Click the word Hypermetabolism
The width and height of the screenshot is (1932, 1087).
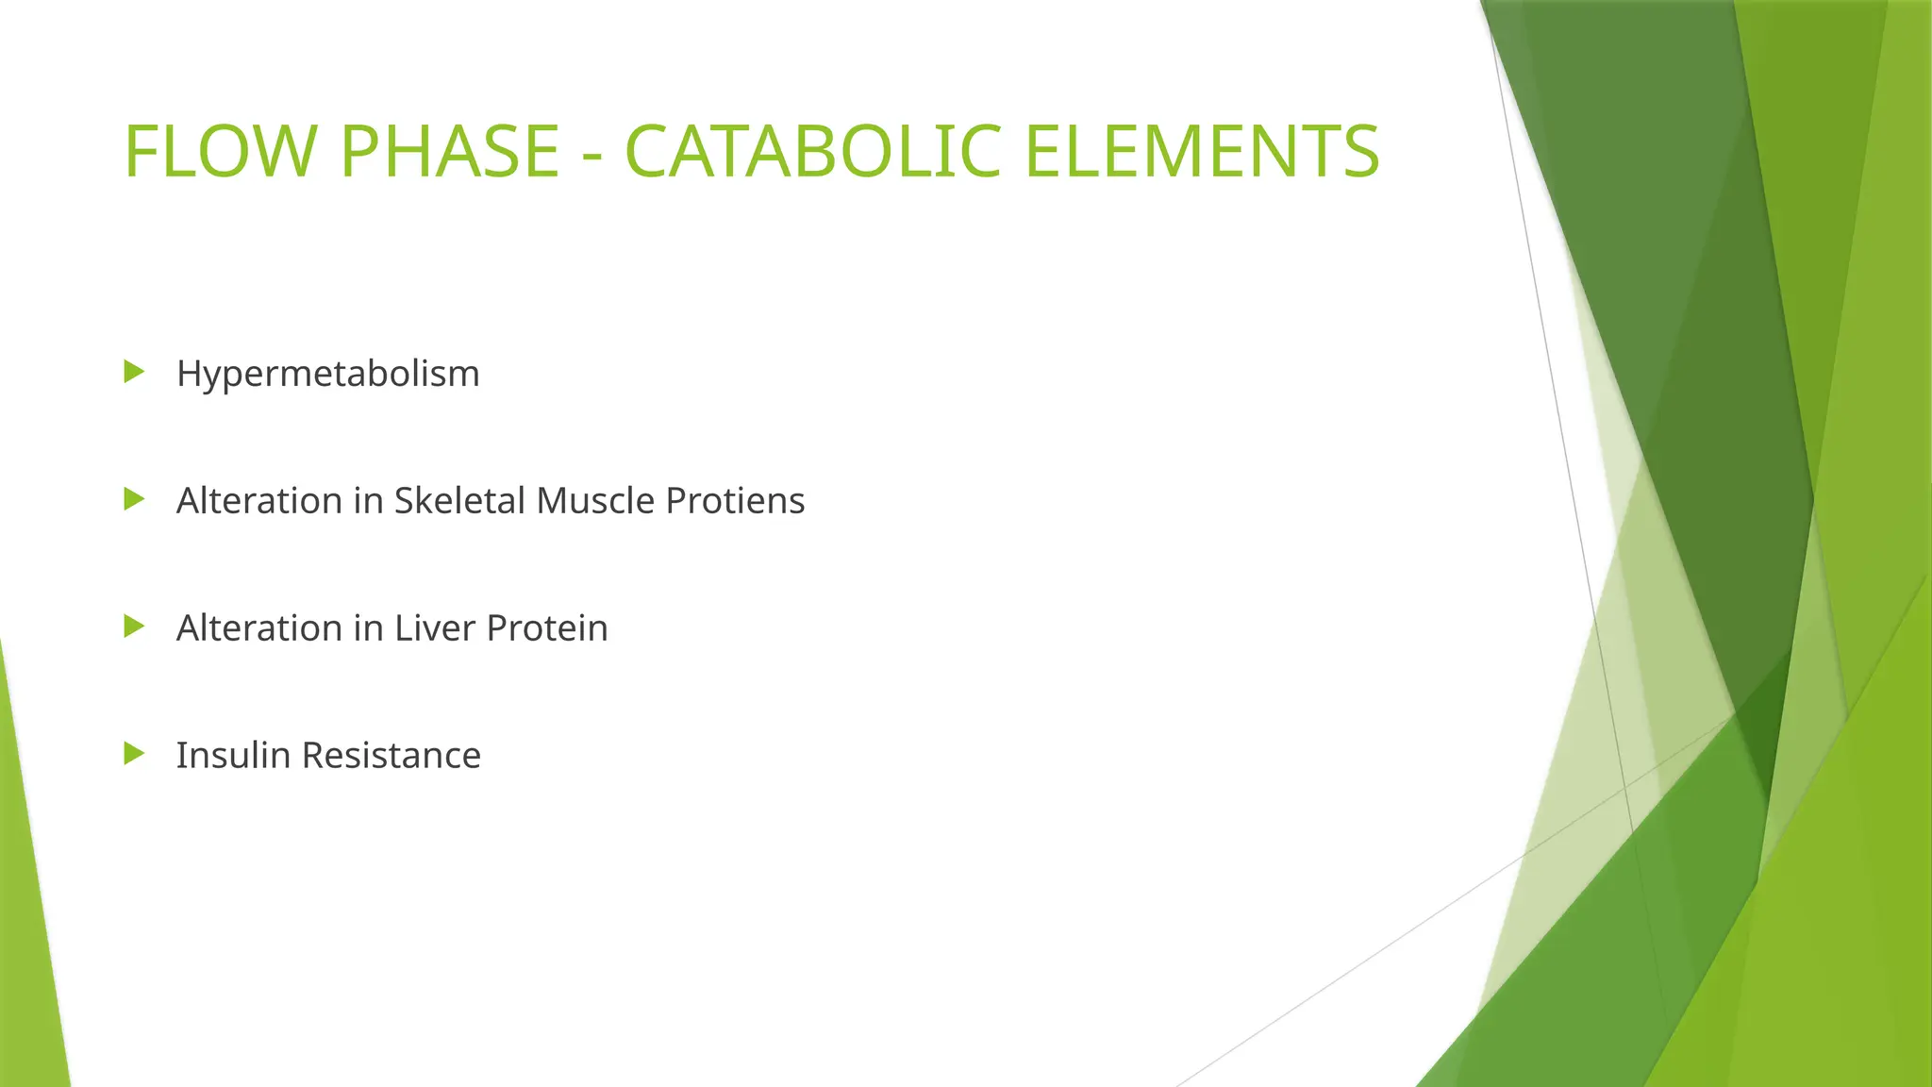pyautogui.click(x=327, y=374)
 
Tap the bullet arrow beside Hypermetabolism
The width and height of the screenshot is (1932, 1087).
pyautogui.click(x=134, y=372)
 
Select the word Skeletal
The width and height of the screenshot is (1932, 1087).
pyautogui.click(x=459, y=500)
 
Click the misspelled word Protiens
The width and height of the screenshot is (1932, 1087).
pyautogui.click(x=735, y=500)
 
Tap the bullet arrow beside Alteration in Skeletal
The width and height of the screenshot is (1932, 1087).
pyautogui.click(x=134, y=499)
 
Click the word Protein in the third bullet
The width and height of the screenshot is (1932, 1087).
pyautogui.click(x=547, y=627)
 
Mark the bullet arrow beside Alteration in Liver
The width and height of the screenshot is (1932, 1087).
pyautogui.click(x=134, y=627)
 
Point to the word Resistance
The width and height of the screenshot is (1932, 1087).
pyautogui.click(x=391, y=755)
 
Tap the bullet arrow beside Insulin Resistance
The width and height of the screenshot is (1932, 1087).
pyautogui.click(x=134, y=754)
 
